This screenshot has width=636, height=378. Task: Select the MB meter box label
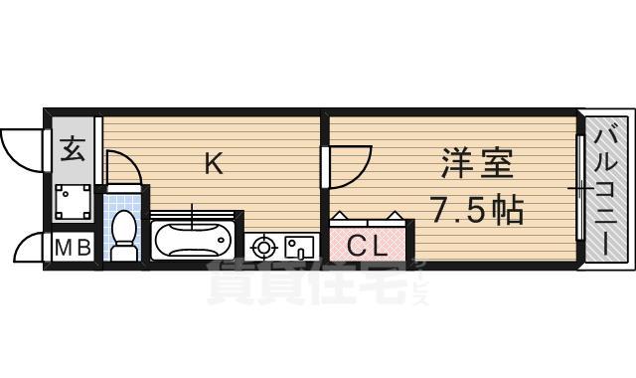click(x=71, y=248)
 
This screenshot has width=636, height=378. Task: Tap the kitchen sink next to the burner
click(x=299, y=246)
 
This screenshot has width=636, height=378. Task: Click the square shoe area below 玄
click(x=73, y=205)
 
